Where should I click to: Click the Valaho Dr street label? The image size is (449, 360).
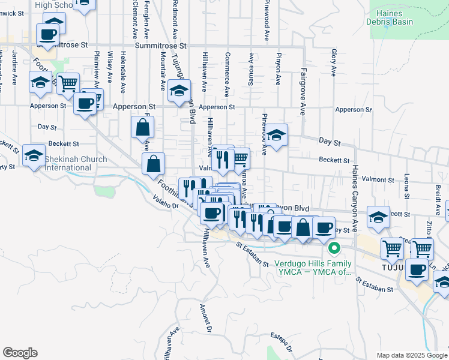click(x=166, y=203)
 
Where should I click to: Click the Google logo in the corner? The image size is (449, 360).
click(x=20, y=353)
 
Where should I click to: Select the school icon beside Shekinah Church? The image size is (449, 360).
click(x=34, y=155)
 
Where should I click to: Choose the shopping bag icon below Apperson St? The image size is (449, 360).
click(x=143, y=127)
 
